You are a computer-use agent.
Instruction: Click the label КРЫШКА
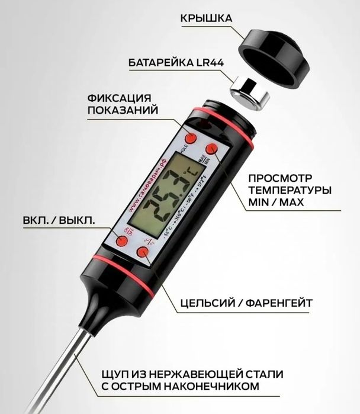(x=206, y=18)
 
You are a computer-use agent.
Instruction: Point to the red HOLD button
(x=191, y=137)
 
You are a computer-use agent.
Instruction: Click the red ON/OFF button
(x=122, y=241)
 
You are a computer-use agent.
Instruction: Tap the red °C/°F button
(x=143, y=253)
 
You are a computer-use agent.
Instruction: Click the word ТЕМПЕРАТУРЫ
(x=289, y=191)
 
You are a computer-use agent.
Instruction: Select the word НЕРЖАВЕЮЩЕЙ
(x=185, y=374)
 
